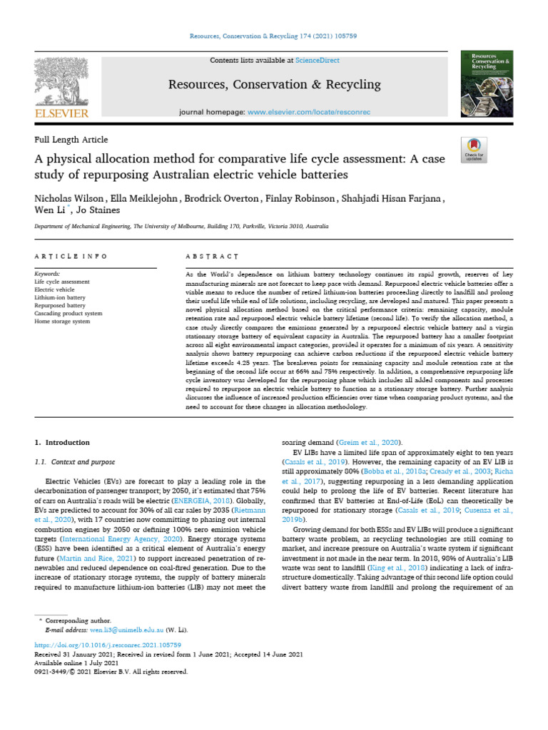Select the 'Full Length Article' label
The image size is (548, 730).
coord(71,140)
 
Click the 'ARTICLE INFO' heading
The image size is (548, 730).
coord(71,256)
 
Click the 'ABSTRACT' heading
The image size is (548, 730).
coord(212,256)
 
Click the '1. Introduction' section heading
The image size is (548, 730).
coord(62,442)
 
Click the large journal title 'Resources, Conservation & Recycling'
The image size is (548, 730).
coord(274,85)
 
